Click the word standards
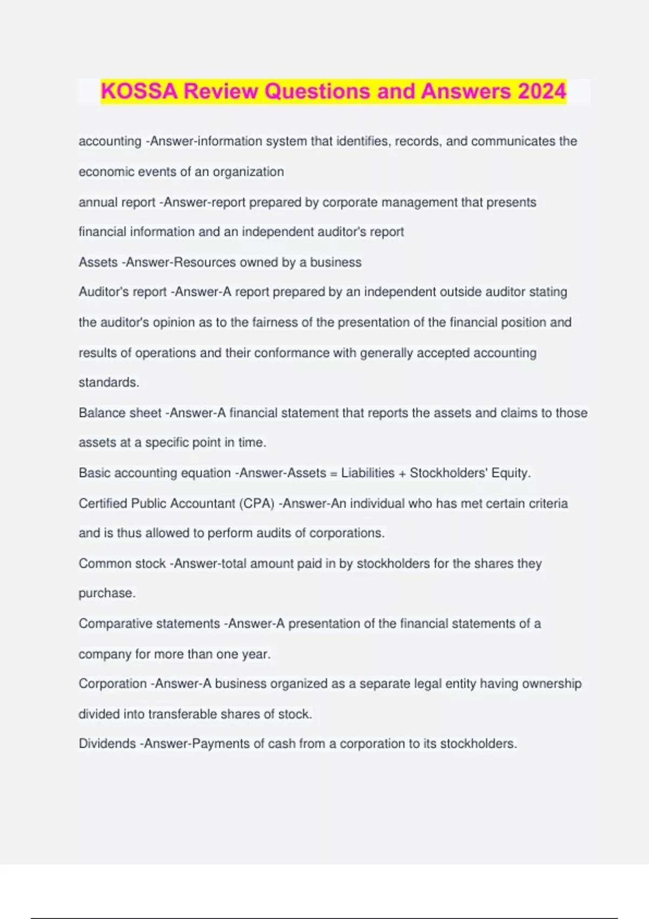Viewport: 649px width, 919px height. pos(108,382)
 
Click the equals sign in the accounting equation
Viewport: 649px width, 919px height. pos(334,474)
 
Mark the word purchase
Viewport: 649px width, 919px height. pos(106,593)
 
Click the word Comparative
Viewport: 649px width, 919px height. pos(115,623)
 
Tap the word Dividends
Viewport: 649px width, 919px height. pos(107,744)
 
